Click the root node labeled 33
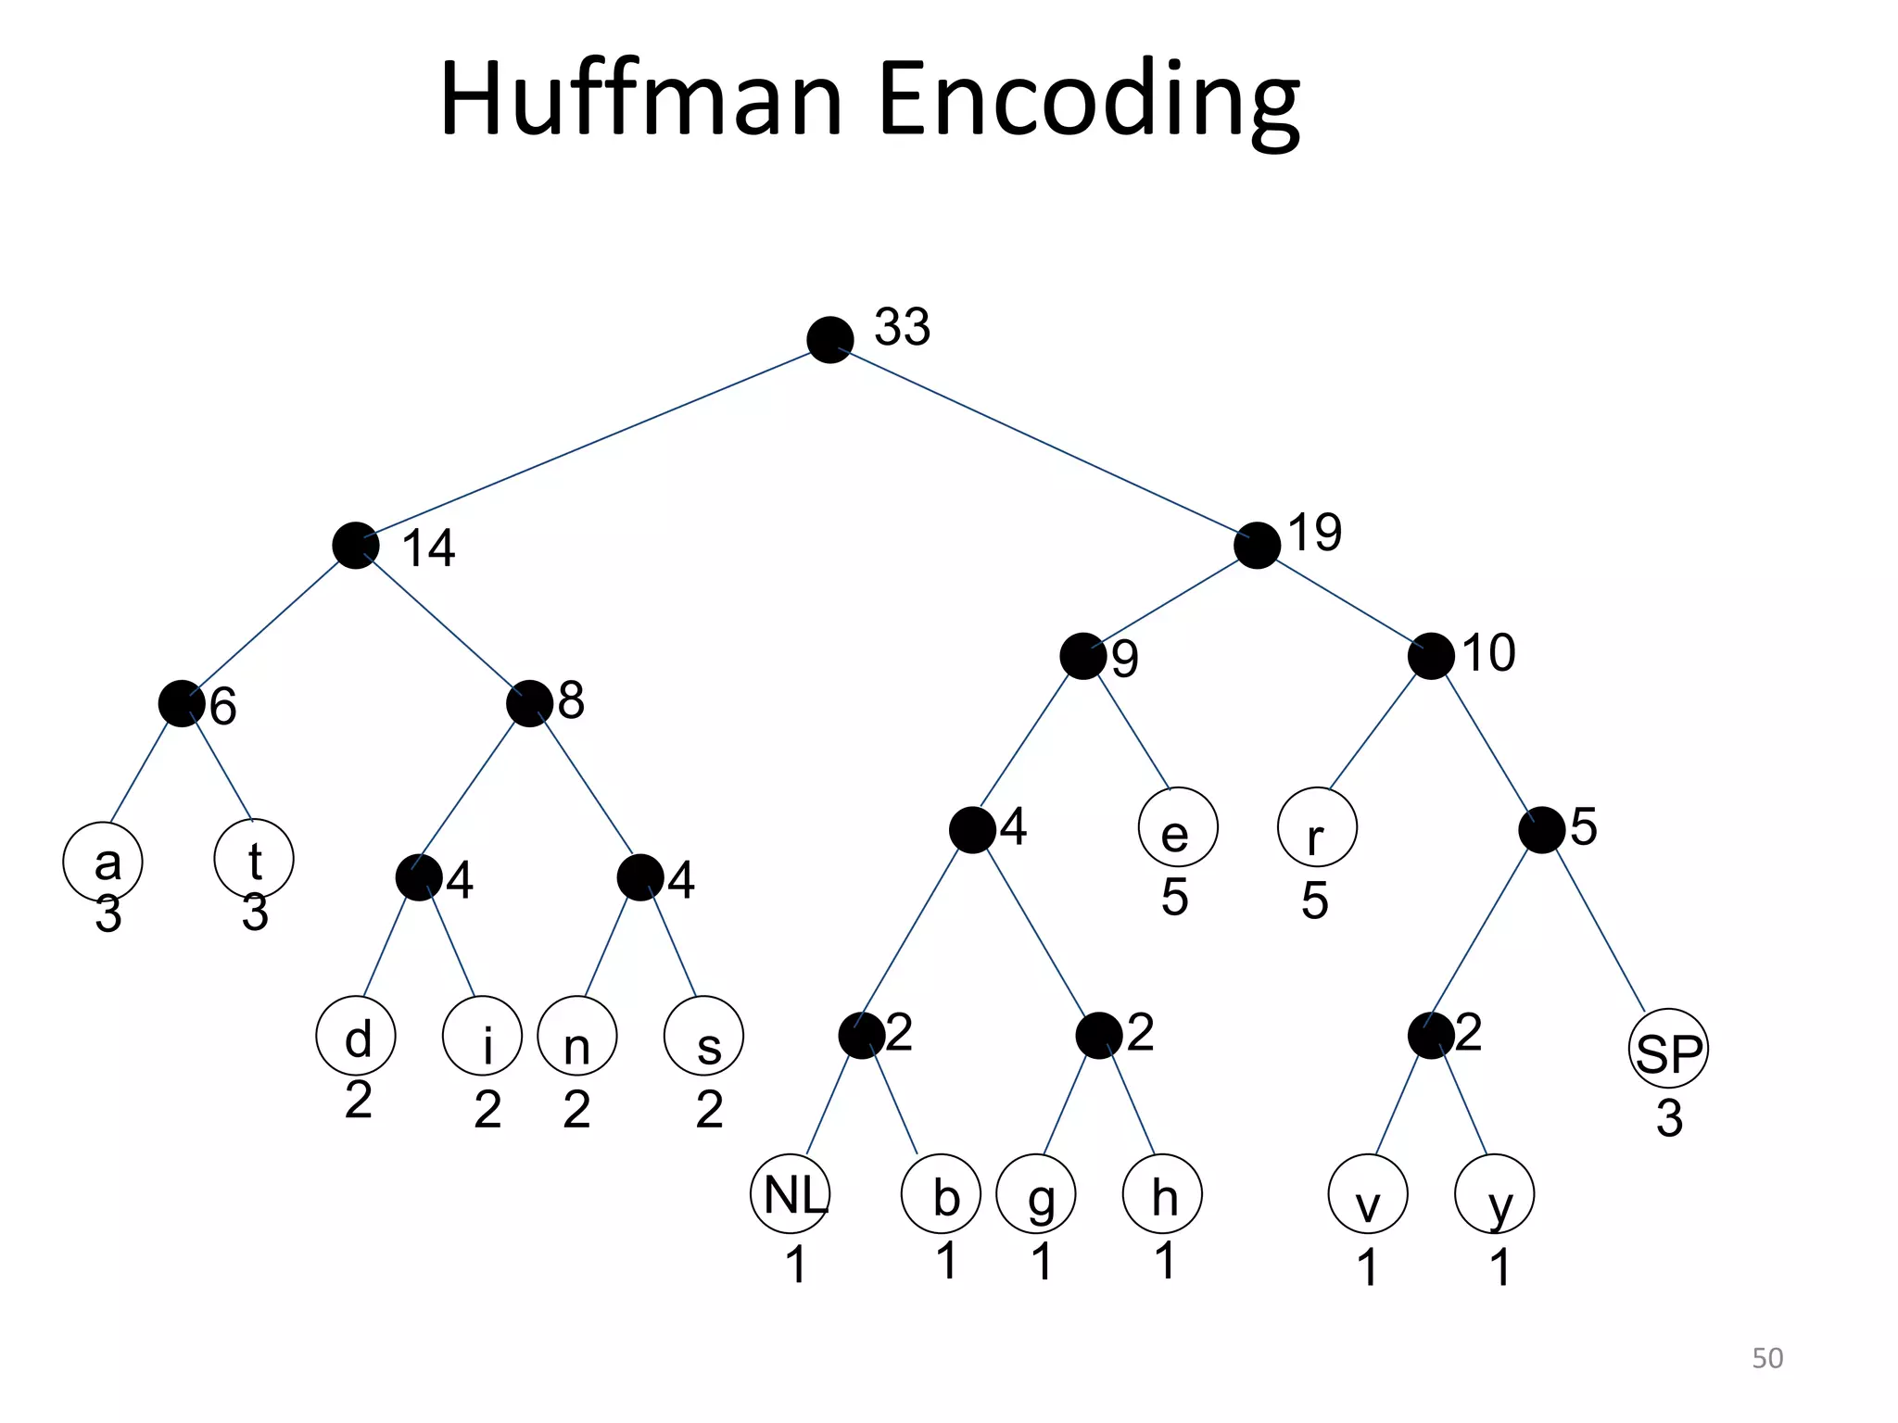tap(829, 340)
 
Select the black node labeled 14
tap(355, 546)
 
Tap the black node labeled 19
tap(1257, 546)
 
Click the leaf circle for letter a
tap(103, 862)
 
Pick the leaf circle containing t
tap(254, 859)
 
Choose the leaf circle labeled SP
tap(1668, 1049)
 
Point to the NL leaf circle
tap(791, 1193)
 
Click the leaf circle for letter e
tap(1178, 827)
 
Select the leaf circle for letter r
tap(1317, 827)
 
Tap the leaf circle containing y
tap(1495, 1194)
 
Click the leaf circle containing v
tap(1368, 1194)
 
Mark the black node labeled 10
tap(1430, 657)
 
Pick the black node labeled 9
tap(1082, 657)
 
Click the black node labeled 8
tap(529, 704)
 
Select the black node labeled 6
tap(181, 704)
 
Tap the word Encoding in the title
tap(1088, 100)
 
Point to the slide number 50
tap(1767, 1357)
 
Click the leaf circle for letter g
tap(1036, 1194)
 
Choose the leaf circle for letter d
tap(356, 1036)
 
